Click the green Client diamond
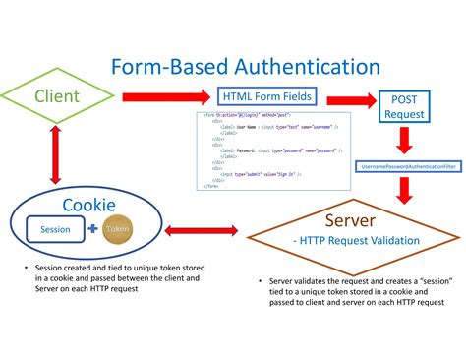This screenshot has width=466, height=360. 58,96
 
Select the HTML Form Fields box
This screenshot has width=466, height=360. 267,96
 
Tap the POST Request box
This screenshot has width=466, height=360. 404,106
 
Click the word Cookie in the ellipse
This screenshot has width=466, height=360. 89,205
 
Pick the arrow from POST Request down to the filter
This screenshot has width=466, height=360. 405,141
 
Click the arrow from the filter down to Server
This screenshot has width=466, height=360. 405,191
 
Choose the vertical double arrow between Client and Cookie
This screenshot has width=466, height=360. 56,155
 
